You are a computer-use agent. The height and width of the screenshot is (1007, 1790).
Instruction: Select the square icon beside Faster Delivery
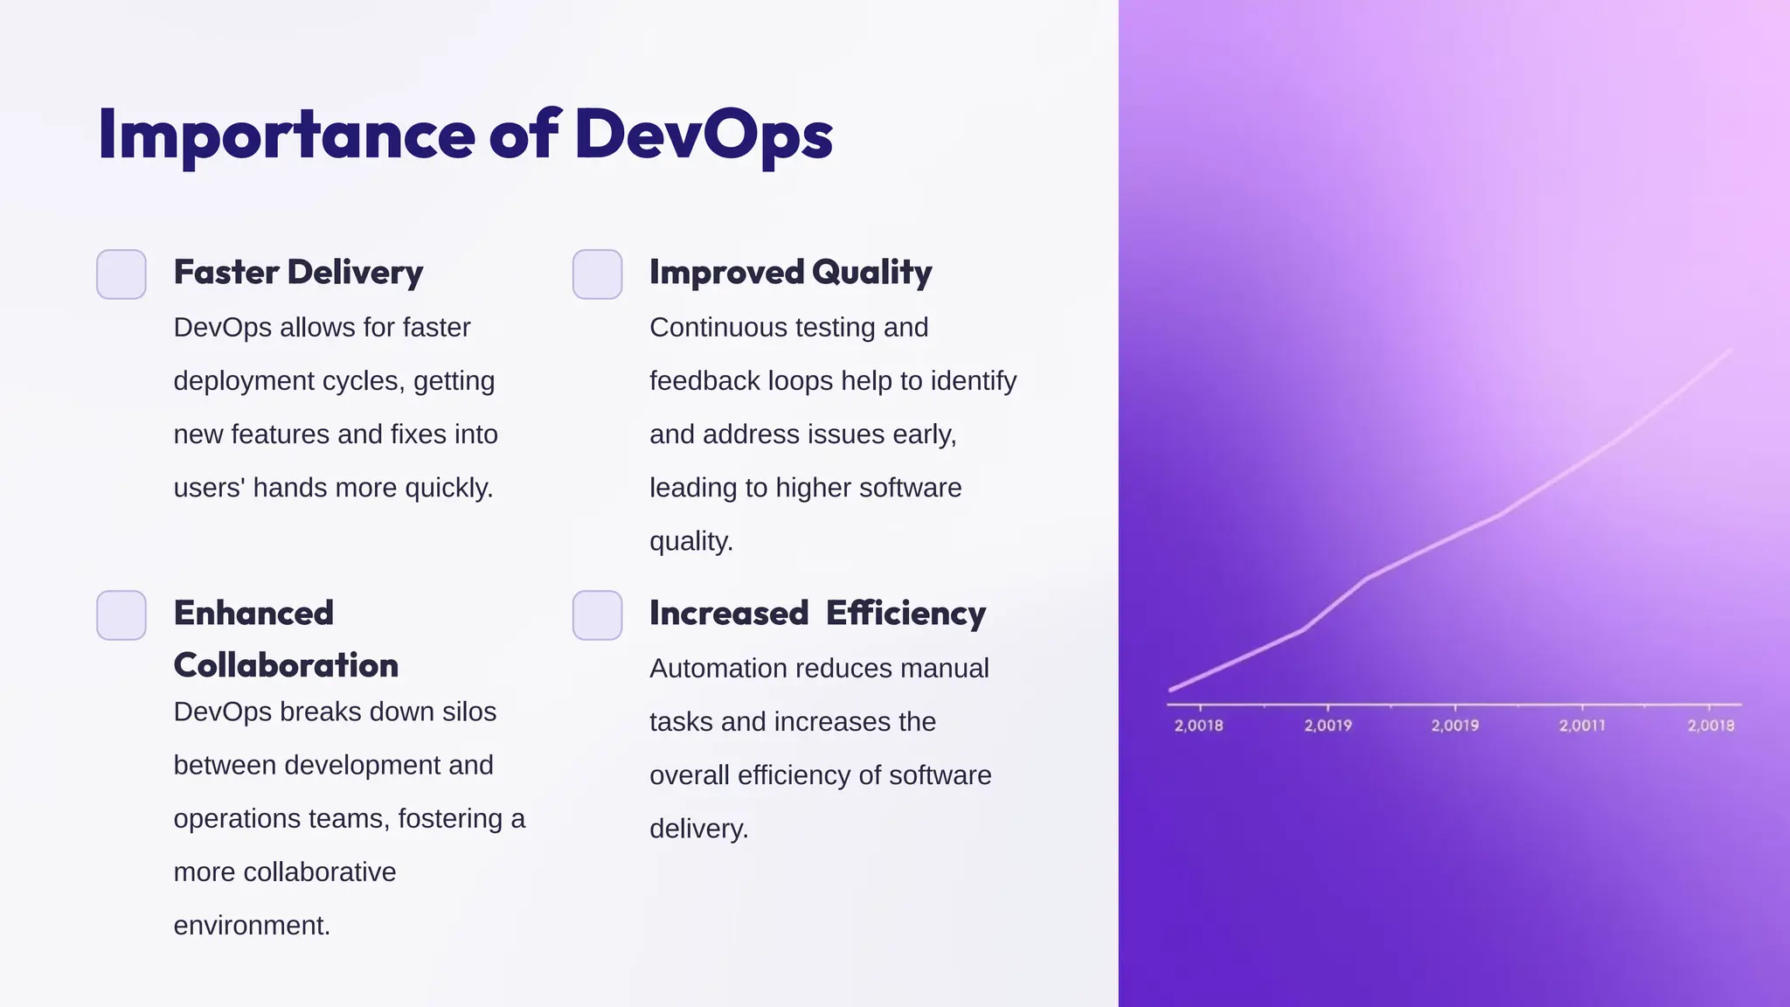121,274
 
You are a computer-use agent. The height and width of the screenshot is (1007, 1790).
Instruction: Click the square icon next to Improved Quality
598,274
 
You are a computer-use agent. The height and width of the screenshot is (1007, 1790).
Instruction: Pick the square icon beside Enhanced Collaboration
121,615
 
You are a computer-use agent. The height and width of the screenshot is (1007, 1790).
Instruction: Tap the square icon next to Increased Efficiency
598,615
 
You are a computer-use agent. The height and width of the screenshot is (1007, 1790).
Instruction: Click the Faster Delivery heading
298,273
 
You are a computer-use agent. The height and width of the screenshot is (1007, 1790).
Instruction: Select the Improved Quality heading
790,273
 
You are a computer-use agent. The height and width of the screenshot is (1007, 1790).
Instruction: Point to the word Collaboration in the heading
286,665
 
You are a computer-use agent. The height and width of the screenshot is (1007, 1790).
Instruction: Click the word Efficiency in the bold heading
905,614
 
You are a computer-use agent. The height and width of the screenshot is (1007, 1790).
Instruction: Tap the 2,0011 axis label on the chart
1582,726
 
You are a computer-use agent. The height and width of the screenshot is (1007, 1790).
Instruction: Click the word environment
251,926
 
